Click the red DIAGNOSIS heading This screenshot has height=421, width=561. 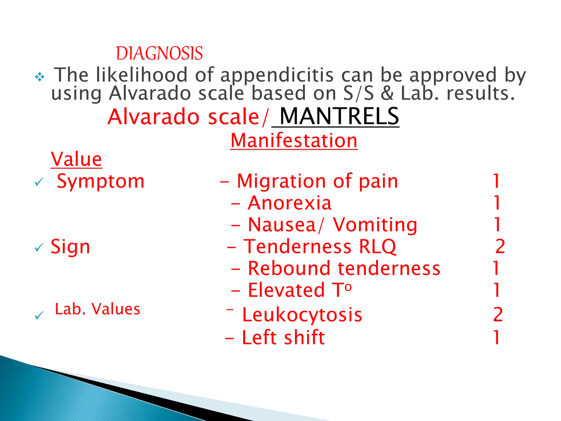(x=159, y=53)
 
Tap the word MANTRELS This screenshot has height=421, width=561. (x=339, y=116)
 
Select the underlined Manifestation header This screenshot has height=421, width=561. (x=294, y=141)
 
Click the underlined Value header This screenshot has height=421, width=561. (x=76, y=159)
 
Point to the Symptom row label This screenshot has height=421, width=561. (x=101, y=181)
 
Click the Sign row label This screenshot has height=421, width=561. (x=70, y=247)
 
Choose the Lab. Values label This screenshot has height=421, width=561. (x=98, y=309)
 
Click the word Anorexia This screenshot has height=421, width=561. (x=290, y=203)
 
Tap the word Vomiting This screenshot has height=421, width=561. (x=375, y=225)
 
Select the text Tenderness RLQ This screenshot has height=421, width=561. (x=320, y=246)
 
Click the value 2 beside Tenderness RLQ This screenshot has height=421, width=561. (x=500, y=246)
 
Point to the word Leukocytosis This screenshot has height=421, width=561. (x=302, y=315)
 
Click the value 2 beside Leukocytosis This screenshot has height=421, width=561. (x=498, y=315)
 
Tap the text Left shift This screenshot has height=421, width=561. (x=283, y=337)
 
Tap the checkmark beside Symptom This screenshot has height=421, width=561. (x=39, y=182)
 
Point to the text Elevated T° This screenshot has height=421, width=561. (x=299, y=290)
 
